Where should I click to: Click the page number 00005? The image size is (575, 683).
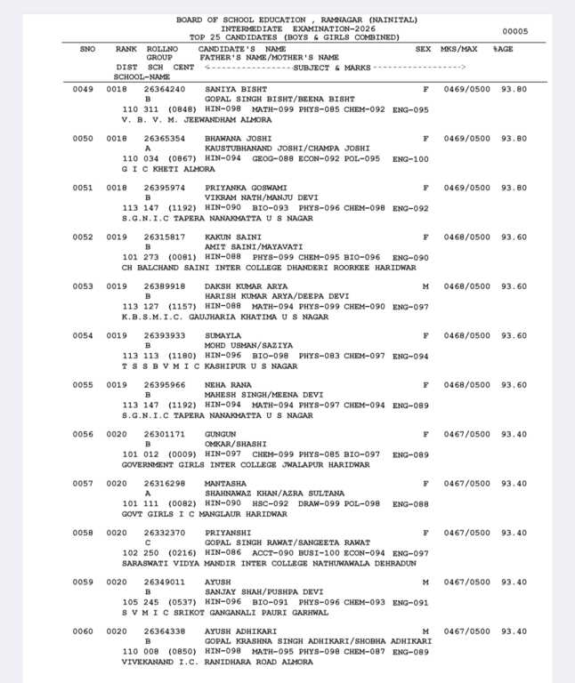[514, 31]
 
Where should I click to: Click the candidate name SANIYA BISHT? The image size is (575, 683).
[233, 89]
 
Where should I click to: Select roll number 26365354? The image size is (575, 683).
[165, 139]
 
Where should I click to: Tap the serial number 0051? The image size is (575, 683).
[83, 188]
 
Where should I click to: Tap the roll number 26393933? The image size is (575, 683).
[165, 335]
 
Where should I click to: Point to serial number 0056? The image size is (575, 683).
[83, 434]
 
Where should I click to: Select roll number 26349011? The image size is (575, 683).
[165, 582]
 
